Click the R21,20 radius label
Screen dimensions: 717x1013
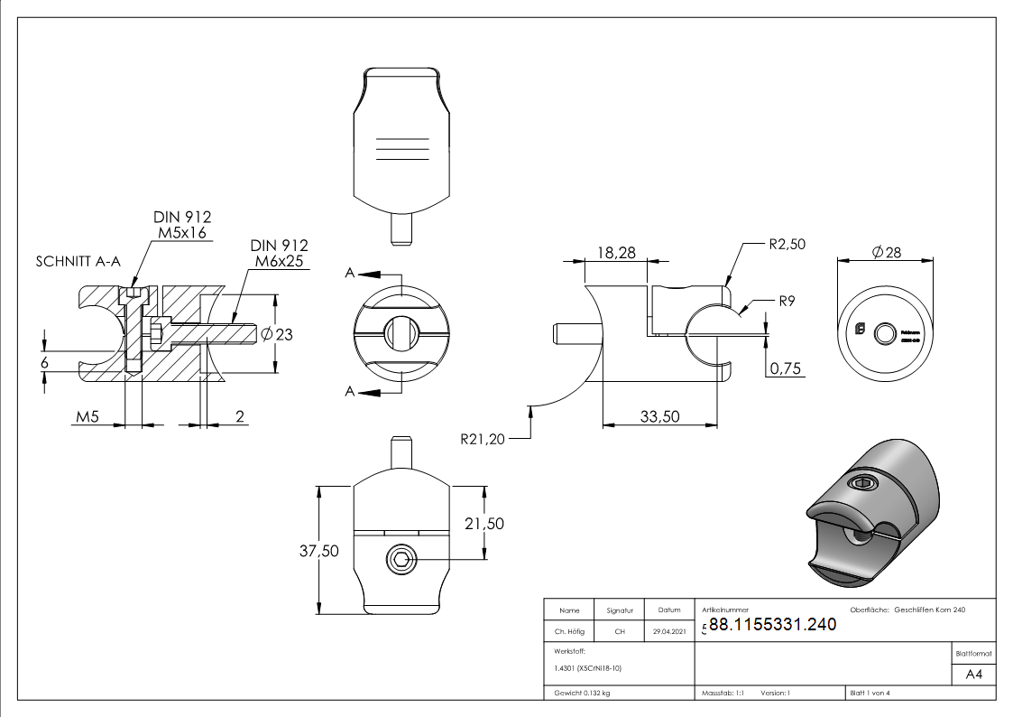pos(483,440)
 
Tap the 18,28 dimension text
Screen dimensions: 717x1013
pos(616,254)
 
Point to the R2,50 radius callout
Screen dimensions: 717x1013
pos(787,244)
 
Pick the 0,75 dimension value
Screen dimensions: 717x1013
pos(785,368)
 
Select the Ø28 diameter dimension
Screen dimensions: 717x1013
pos(886,253)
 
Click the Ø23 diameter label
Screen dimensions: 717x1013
pos(277,335)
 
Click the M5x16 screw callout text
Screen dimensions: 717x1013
pos(183,232)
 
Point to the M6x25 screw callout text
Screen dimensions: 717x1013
pos(280,261)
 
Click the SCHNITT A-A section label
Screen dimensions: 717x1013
pos(78,262)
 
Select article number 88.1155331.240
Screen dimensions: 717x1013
pos(773,624)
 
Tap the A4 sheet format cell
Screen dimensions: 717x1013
pos(974,675)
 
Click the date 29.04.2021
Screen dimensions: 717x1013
pos(669,631)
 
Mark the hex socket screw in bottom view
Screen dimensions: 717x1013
pos(401,560)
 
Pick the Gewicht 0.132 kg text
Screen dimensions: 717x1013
pos(583,693)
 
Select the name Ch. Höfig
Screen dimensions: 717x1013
pos(569,631)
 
